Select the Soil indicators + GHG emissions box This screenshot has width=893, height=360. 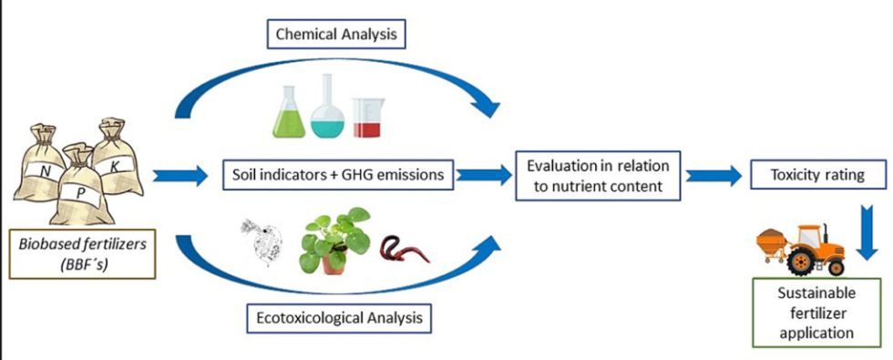click(339, 173)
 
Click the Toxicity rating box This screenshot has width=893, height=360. click(806, 173)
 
